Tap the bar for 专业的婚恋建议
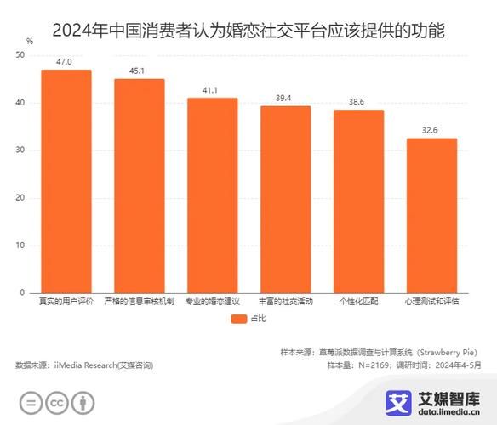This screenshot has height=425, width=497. (x=212, y=195)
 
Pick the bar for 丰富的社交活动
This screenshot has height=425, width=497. (x=285, y=199)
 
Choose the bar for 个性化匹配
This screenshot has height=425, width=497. (x=358, y=201)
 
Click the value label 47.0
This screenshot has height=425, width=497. (x=66, y=62)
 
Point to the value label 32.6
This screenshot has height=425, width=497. (x=431, y=131)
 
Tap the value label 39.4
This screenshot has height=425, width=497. (x=285, y=99)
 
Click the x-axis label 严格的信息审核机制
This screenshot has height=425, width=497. (x=140, y=302)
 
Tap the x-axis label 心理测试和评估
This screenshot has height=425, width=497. (x=431, y=302)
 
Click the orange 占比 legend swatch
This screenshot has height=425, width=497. (x=237, y=320)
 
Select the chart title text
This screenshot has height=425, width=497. (x=248, y=31)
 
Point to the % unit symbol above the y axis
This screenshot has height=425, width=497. (x=30, y=41)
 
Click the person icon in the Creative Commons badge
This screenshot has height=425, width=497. (x=83, y=402)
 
